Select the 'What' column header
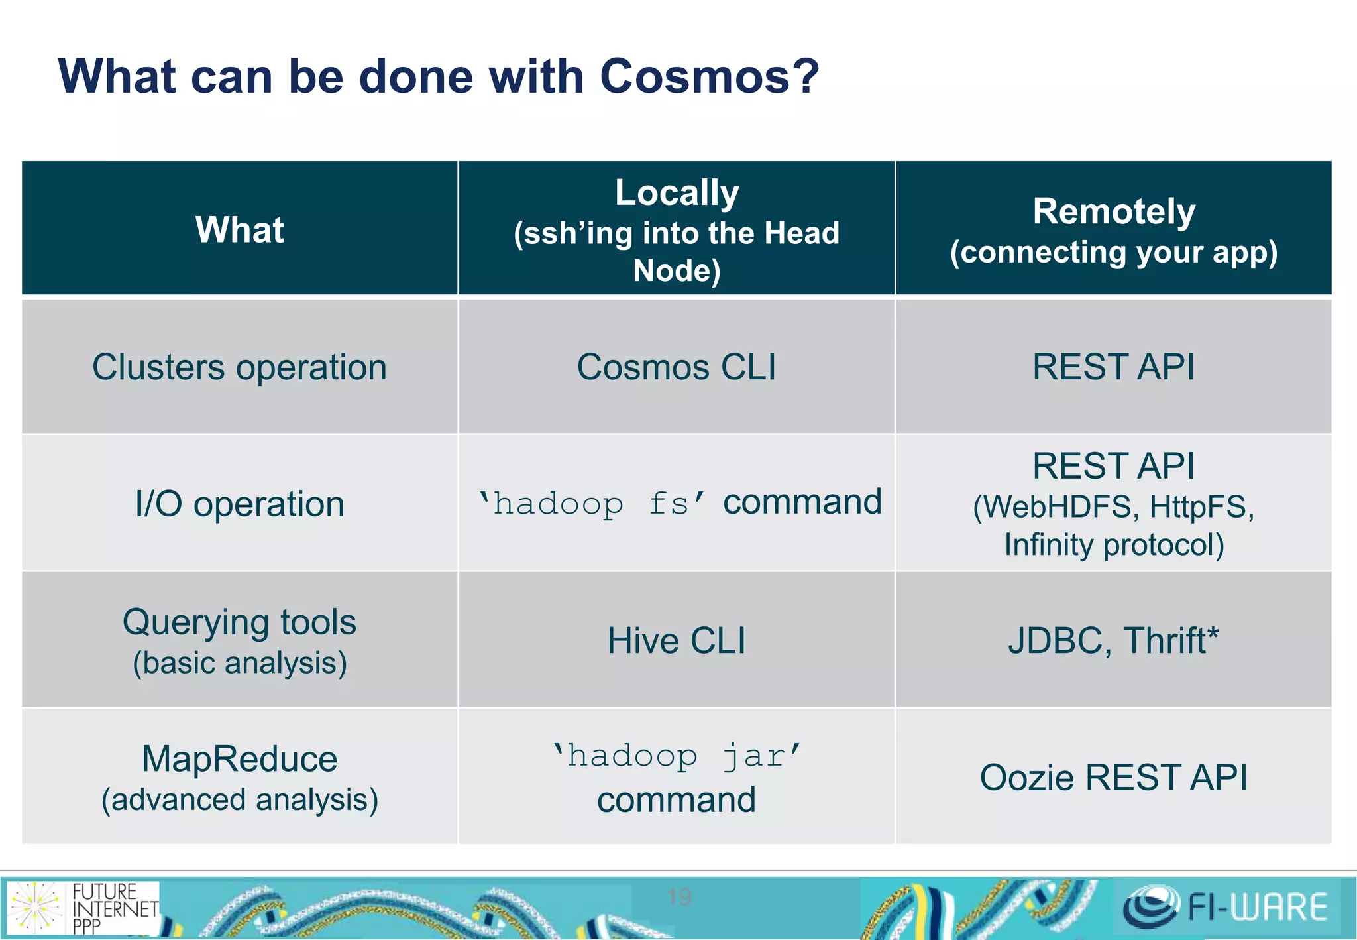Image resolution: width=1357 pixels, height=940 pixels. (239, 230)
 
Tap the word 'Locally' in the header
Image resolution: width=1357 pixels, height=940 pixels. (677, 193)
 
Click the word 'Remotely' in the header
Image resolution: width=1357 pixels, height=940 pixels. (1114, 212)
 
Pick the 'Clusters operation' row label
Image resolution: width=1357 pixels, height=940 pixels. (239, 367)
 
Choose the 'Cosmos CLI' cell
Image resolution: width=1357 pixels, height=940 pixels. (677, 367)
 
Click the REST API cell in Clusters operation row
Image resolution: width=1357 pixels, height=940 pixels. (1114, 367)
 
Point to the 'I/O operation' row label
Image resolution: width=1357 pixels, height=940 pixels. (239, 504)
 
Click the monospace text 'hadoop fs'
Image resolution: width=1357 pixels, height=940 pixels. (592, 504)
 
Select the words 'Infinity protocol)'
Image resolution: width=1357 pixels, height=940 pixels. (1114, 545)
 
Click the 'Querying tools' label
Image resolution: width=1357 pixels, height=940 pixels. (239, 622)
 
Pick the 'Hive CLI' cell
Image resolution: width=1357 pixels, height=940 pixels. (677, 641)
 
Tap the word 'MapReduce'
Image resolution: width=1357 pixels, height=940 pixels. (239, 759)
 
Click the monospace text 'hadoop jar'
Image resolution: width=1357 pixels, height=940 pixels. (677, 756)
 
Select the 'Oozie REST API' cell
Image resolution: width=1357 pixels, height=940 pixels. (1114, 778)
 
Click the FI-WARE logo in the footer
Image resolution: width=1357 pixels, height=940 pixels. (1226, 907)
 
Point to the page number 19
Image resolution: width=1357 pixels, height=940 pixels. (679, 897)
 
